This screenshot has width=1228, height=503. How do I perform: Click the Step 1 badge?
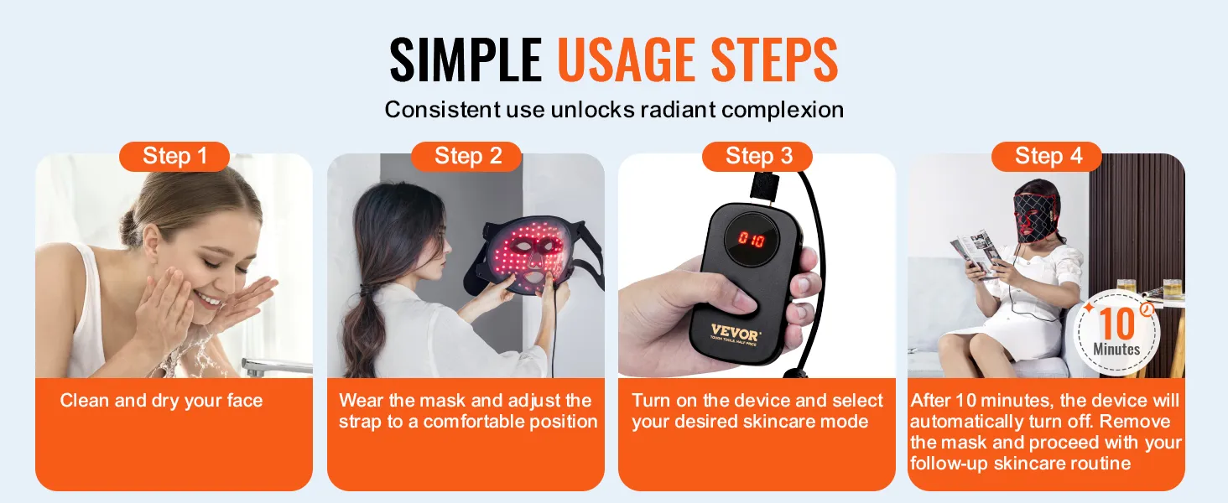point(174,156)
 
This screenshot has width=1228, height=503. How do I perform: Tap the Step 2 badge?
point(466,156)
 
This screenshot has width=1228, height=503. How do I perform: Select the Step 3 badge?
point(757,156)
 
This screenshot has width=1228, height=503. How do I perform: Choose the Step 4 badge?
point(1047,156)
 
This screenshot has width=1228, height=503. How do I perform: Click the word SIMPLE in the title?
point(466,60)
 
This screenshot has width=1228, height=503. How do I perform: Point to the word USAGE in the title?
point(627,60)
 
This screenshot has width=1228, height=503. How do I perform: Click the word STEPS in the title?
point(774,60)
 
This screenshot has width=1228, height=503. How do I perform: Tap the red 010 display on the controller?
point(752,239)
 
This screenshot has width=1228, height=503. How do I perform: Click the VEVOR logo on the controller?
point(735,333)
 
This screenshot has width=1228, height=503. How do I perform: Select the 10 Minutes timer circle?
point(1116,333)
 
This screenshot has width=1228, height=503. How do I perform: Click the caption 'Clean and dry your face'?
point(161,401)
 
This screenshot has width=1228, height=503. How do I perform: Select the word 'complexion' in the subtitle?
point(783,110)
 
